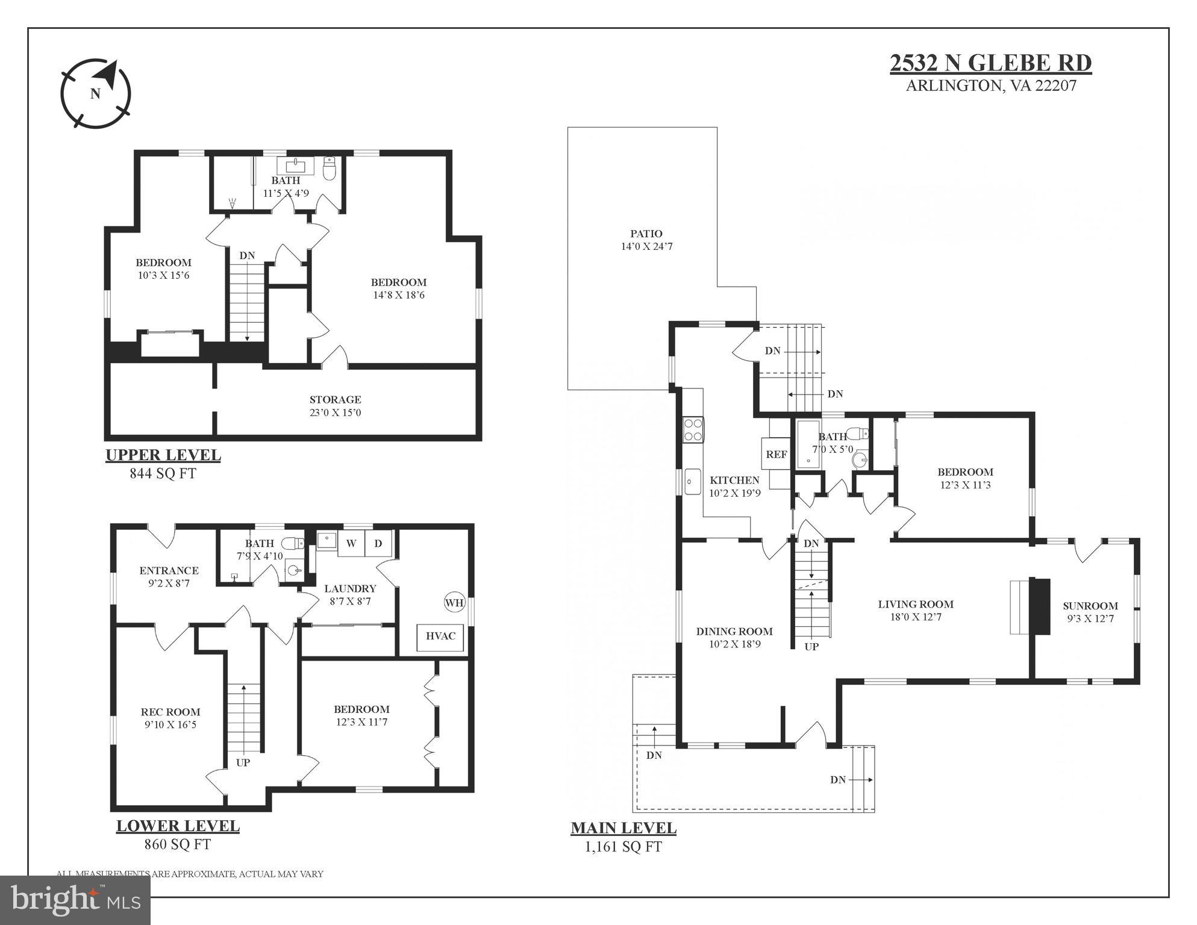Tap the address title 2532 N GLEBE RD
990,63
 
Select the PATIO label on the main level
646,234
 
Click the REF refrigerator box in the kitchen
776,455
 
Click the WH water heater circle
454,602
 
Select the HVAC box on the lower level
440,637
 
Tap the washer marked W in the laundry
351,544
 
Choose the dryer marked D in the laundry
378,544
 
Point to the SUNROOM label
1090,606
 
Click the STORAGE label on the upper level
335,400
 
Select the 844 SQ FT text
163,473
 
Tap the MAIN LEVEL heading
623,828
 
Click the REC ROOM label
170,712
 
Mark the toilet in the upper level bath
330,169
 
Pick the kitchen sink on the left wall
692,481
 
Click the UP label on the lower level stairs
243,762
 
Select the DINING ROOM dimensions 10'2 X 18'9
734,644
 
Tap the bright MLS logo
75,900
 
